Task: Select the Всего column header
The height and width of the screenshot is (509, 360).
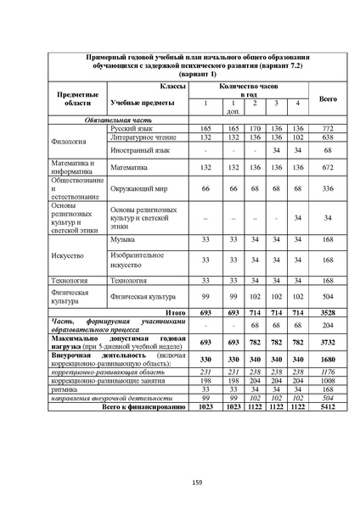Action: click(x=327, y=98)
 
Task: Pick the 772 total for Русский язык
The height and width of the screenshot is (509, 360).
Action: click(x=327, y=128)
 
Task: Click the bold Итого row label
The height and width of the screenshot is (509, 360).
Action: click(x=175, y=313)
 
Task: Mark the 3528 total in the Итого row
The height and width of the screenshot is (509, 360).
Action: click(x=327, y=313)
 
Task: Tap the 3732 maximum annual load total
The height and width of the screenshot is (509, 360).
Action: click(x=327, y=341)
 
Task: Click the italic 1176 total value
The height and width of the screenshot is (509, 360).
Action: click(x=327, y=372)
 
